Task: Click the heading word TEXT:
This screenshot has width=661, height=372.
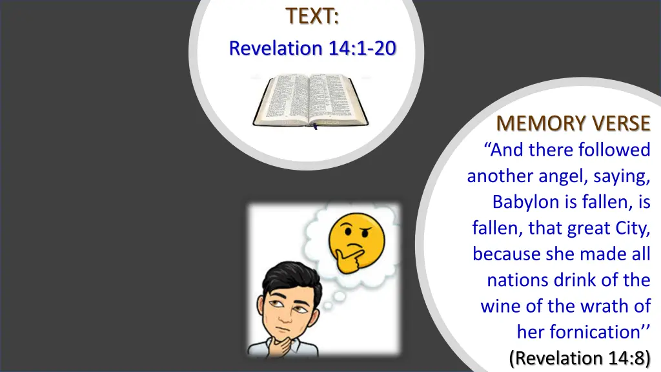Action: coord(313,16)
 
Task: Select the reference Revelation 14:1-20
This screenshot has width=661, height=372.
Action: coord(313,48)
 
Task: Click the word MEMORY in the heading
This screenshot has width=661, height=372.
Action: coord(533,123)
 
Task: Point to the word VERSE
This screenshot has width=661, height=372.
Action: coord(613,123)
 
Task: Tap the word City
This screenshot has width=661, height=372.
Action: coord(631,228)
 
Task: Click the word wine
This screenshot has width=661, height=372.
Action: coord(500,306)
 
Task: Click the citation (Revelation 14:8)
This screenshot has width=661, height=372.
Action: coord(580,357)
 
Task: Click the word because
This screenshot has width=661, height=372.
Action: coord(507,254)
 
